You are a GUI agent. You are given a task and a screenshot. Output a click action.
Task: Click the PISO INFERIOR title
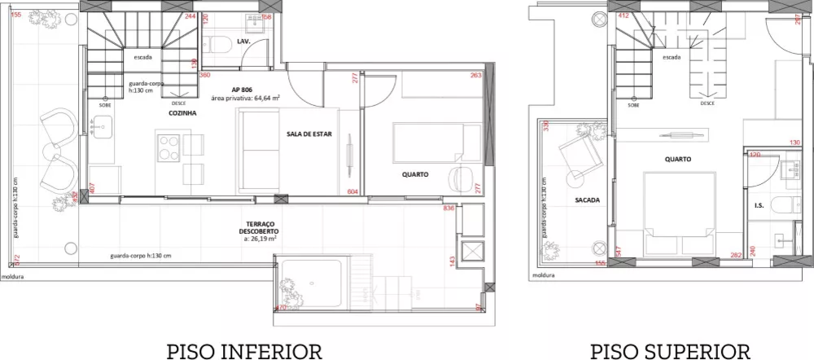click(x=244, y=351)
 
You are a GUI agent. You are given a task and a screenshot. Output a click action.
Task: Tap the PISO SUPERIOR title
click(x=670, y=351)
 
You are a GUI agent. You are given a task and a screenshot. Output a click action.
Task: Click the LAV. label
click(x=243, y=41)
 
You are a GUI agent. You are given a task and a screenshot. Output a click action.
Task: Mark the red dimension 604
click(x=352, y=191)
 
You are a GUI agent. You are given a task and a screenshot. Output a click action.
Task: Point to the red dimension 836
click(x=448, y=209)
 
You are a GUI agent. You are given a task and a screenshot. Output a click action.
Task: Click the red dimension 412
click(x=624, y=15)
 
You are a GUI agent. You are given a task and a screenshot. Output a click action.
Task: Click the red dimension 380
click(x=205, y=74)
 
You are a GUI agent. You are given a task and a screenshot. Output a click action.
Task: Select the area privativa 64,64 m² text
click(x=245, y=98)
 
